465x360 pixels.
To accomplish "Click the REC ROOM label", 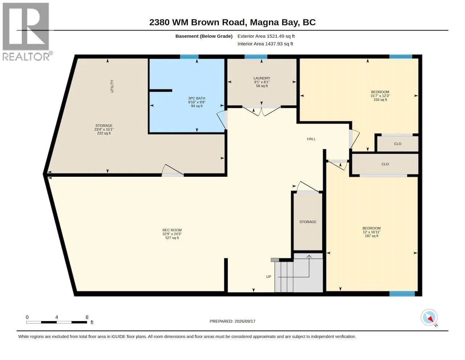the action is click(172, 230).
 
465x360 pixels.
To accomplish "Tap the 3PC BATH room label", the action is click(197, 98).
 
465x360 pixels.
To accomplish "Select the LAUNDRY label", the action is click(262, 78).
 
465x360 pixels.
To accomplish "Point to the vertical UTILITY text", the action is click(112, 86).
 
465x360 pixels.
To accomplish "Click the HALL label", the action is click(311, 139).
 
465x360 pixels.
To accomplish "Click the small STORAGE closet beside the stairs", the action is click(308, 222).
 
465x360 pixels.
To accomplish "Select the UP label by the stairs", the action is click(268, 276).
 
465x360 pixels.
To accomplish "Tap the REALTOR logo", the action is click(26, 32).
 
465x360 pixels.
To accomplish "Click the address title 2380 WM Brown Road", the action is click(232, 22).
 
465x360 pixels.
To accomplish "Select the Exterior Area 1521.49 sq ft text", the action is click(266, 36).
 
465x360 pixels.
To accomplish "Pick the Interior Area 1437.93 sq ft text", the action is click(265, 44).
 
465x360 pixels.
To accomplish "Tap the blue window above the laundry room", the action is click(256, 57).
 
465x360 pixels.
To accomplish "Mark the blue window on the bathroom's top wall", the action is click(189, 57).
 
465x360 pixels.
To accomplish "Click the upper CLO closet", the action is click(397, 144).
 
